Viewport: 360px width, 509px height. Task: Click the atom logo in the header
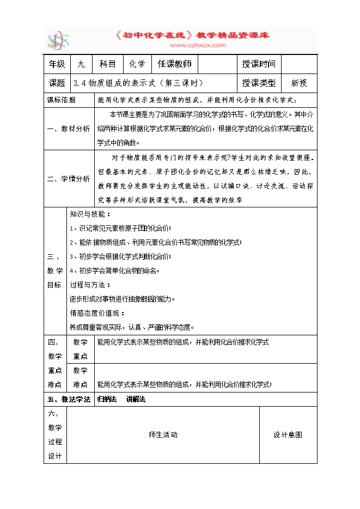[58, 40]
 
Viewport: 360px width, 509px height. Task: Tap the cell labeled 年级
[57, 64]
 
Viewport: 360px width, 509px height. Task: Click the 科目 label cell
[107, 64]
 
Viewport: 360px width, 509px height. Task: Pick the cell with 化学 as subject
[137, 64]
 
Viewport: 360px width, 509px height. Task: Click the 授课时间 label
[259, 64]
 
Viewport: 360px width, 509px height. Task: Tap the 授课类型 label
[259, 83]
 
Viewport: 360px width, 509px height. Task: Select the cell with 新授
[299, 83]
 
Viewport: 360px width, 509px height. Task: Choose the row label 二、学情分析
[69, 179]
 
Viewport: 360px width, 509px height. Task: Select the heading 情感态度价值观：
[97, 313]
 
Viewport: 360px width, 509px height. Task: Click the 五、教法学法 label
[69, 399]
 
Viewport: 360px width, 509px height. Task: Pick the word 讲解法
[136, 399]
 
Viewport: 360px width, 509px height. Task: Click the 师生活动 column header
[163, 434]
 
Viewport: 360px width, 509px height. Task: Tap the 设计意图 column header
[288, 434]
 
